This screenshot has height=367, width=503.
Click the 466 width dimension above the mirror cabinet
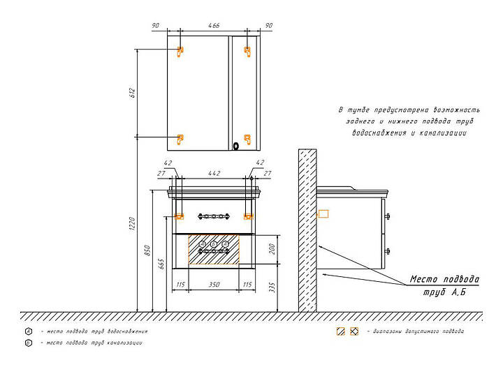click(214, 25)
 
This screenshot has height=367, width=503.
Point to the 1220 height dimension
click(131, 223)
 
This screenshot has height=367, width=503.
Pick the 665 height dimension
click(161, 263)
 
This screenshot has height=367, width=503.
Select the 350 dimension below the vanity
click(214, 284)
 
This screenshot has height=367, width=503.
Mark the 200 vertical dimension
click(274, 249)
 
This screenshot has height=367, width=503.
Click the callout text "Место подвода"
click(444, 279)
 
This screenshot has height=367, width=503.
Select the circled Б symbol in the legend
click(28, 343)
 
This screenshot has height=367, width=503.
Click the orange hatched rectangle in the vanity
click(214, 249)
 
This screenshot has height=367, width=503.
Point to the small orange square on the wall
click(323, 214)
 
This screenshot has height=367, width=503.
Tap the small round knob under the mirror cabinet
click(236, 146)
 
